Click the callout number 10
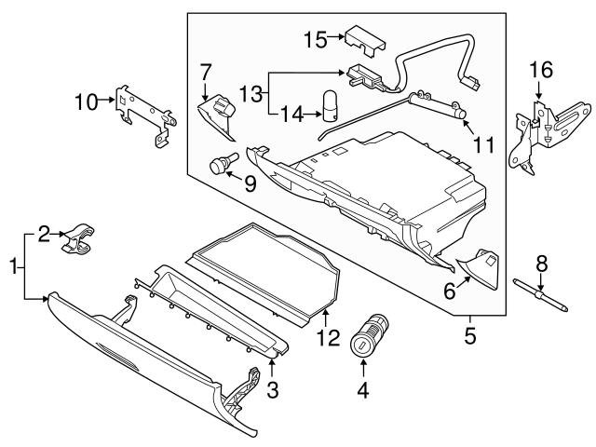86,102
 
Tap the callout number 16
540,70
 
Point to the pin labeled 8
540,289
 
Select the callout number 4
362,391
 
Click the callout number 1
13,266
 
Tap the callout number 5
470,332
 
